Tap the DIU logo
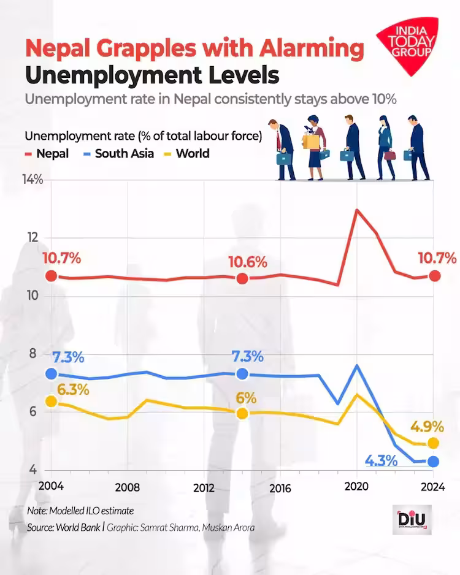[x=412, y=520]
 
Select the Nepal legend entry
[x=47, y=153]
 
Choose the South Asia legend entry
[x=118, y=153]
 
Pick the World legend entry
[x=186, y=153]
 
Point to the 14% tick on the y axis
[x=33, y=180]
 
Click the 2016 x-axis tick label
[x=280, y=488]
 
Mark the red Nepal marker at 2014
[x=242, y=279]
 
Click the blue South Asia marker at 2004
[x=52, y=373]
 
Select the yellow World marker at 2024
[x=434, y=443]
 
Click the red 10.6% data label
[x=248, y=262]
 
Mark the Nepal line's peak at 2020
[x=357, y=210]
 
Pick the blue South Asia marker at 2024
[x=434, y=461]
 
